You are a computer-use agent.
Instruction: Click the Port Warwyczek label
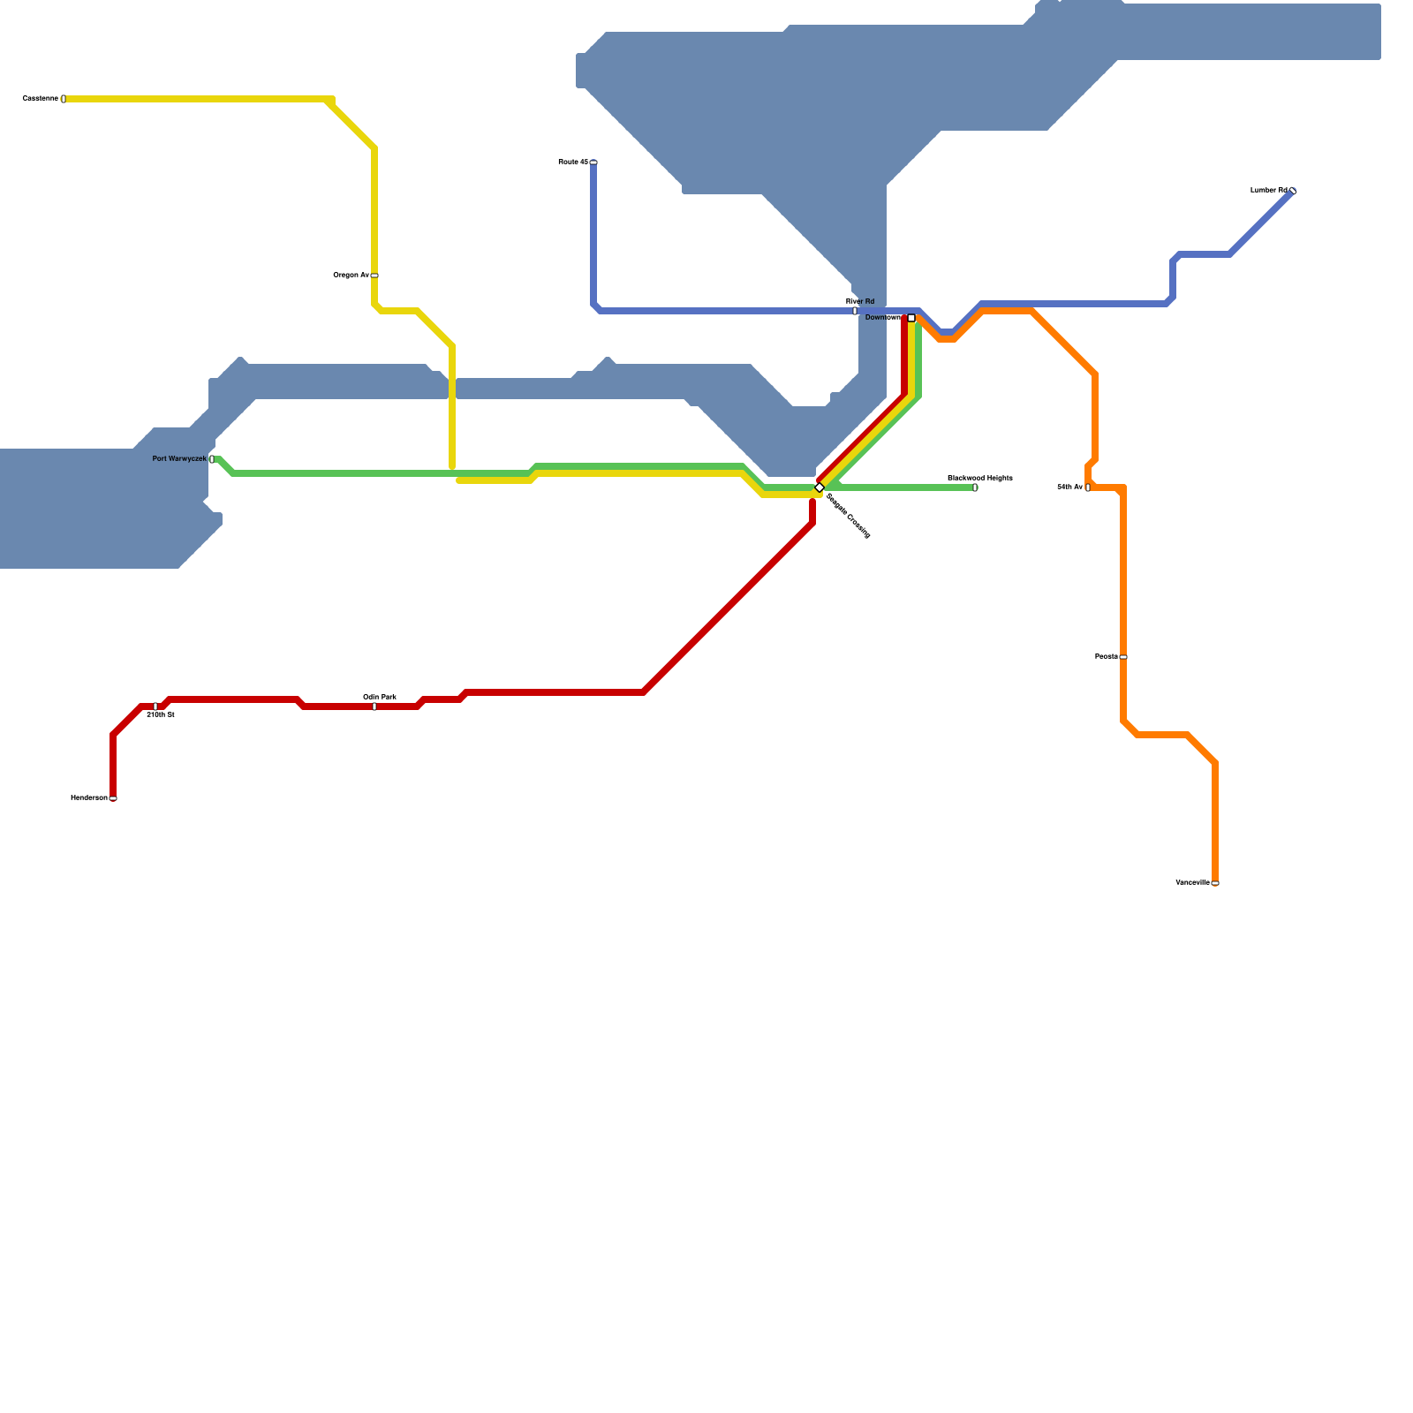click(x=179, y=459)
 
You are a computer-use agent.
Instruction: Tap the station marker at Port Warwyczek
click(x=212, y=459)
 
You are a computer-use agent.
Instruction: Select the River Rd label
click(x=860, y=301)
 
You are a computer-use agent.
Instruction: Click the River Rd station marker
click(x=855, y=311)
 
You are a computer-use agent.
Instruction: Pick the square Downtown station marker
click(x=911, y=318)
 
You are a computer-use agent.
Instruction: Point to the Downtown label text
click(x=883, y=318)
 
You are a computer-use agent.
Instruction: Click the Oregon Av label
click(x=351, y=276)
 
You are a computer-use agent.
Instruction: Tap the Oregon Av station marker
click(x=374, y=276)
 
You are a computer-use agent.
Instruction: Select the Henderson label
click(x=89, y=798)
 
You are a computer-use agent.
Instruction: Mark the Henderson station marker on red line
click(x=113, y=798)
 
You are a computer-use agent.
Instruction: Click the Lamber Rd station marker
click(x=1293, y=191)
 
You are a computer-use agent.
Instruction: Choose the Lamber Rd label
click(x=1269, y=191)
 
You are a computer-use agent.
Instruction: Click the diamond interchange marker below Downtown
click(x=820, y=487)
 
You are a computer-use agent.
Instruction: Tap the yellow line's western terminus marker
click(x=64, y=99)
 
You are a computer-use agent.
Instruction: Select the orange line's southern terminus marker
click(x=1215, y=883)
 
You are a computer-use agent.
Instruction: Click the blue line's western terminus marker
click(x=593, y=162)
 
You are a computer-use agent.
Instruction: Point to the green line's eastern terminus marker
click(x=975, y=487)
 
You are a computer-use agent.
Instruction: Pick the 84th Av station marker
click(x=1087, y=487)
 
